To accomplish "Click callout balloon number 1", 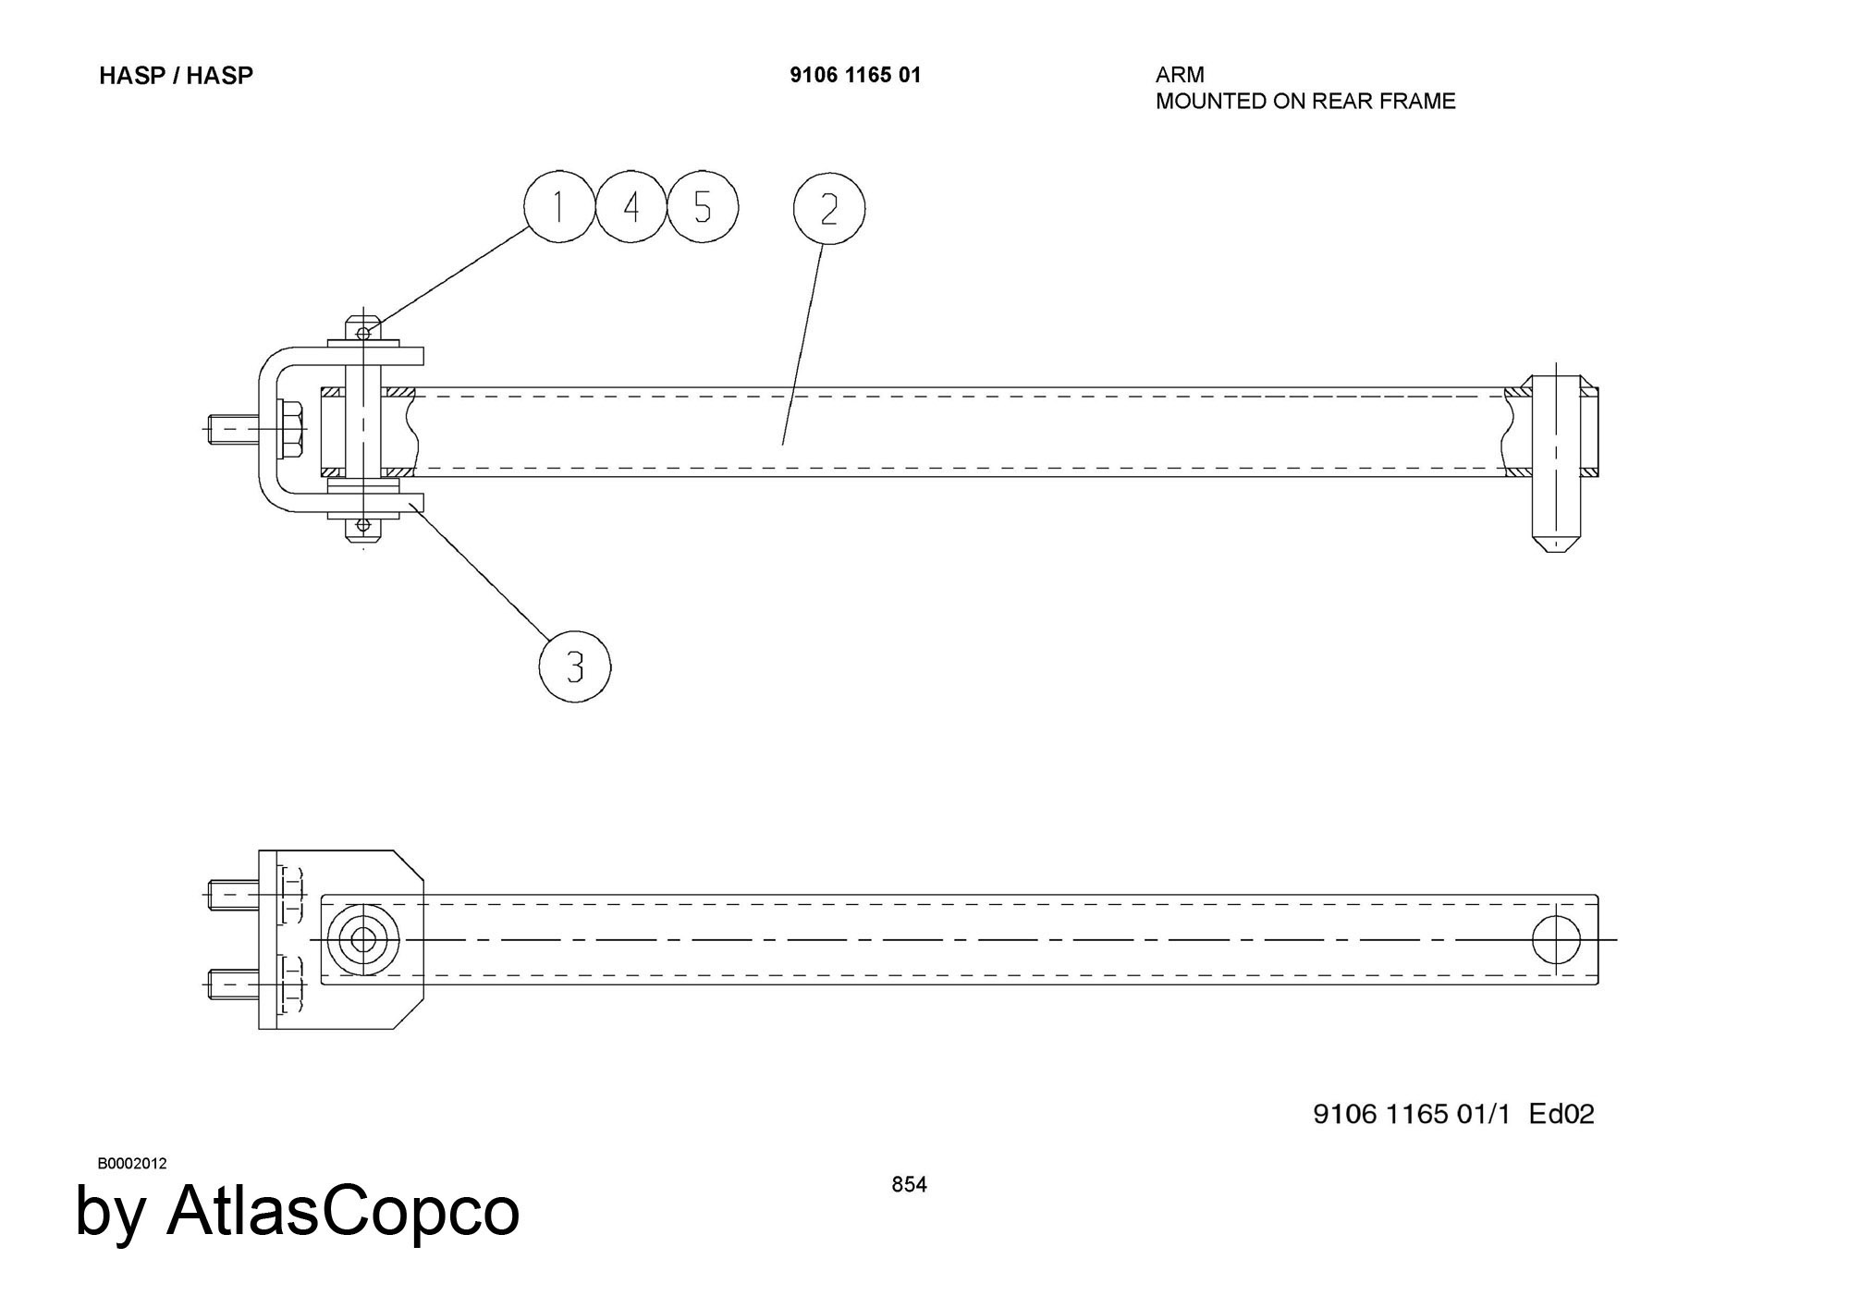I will pyautogui.click(x=558, y=207).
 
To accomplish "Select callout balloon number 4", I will pyautogui.click(x=631, y=207).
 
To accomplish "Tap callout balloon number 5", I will pyautogui.click(x=703, y=207).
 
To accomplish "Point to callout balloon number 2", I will pyautogui.click(x=828, y=209).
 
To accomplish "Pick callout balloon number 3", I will pyautogui.click(x=574, y=666).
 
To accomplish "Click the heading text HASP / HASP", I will pyautogui.click(x=176, y=76).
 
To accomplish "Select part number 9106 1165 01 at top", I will pyautogui.click(x=855, y=76).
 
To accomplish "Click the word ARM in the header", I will pyautogui.click(x=1180, y=75).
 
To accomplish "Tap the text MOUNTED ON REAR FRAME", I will pyautogui.click(x=1305, y=101).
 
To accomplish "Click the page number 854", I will pyautogui.click(x=909, y=1184).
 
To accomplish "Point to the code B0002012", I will pyautogui.click(x=132, y=1163).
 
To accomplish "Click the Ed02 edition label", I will pyautogui.click(x=1561, y=1114).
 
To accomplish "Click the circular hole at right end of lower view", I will pyautogui.click(x=1556, y=939).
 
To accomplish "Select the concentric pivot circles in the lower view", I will pyautogui.click(x=363, y=940).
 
